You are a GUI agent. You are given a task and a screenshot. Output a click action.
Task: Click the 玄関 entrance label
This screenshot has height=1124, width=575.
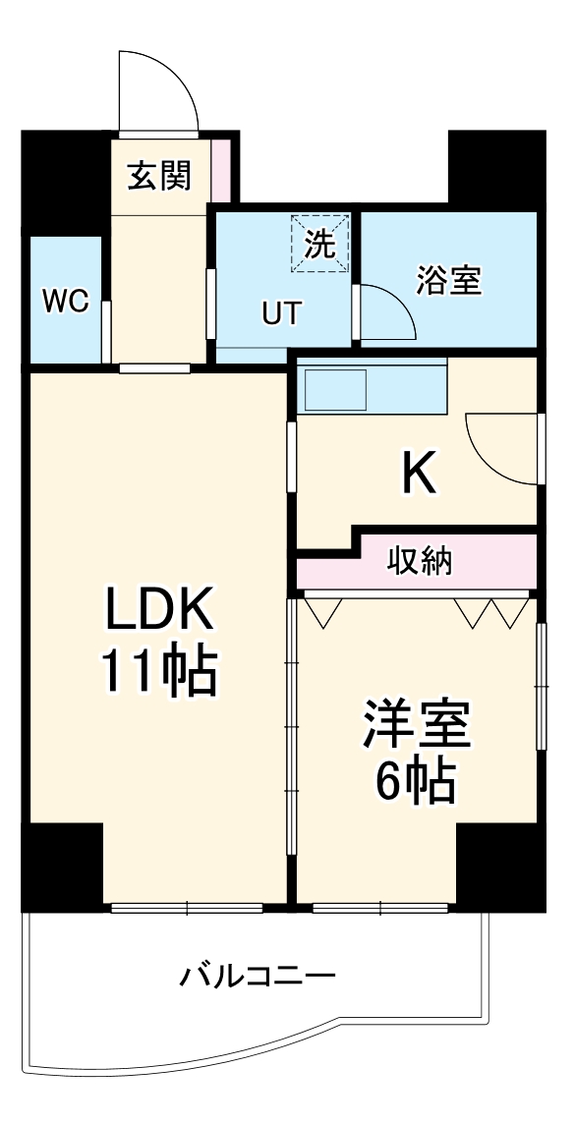click(x=157, y=177)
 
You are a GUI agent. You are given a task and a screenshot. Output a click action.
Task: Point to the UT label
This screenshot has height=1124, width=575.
click(x=281, y=313)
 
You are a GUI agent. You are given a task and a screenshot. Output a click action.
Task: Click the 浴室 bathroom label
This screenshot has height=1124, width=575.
click(x=448, y=281)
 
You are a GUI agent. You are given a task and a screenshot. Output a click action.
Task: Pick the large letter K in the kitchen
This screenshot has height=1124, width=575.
click(x=419, y=477)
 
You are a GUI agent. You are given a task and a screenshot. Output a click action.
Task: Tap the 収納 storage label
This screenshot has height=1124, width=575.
click(x=418, y=562)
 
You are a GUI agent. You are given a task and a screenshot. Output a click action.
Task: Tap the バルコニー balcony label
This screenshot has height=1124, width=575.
click(x=258, y=977)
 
